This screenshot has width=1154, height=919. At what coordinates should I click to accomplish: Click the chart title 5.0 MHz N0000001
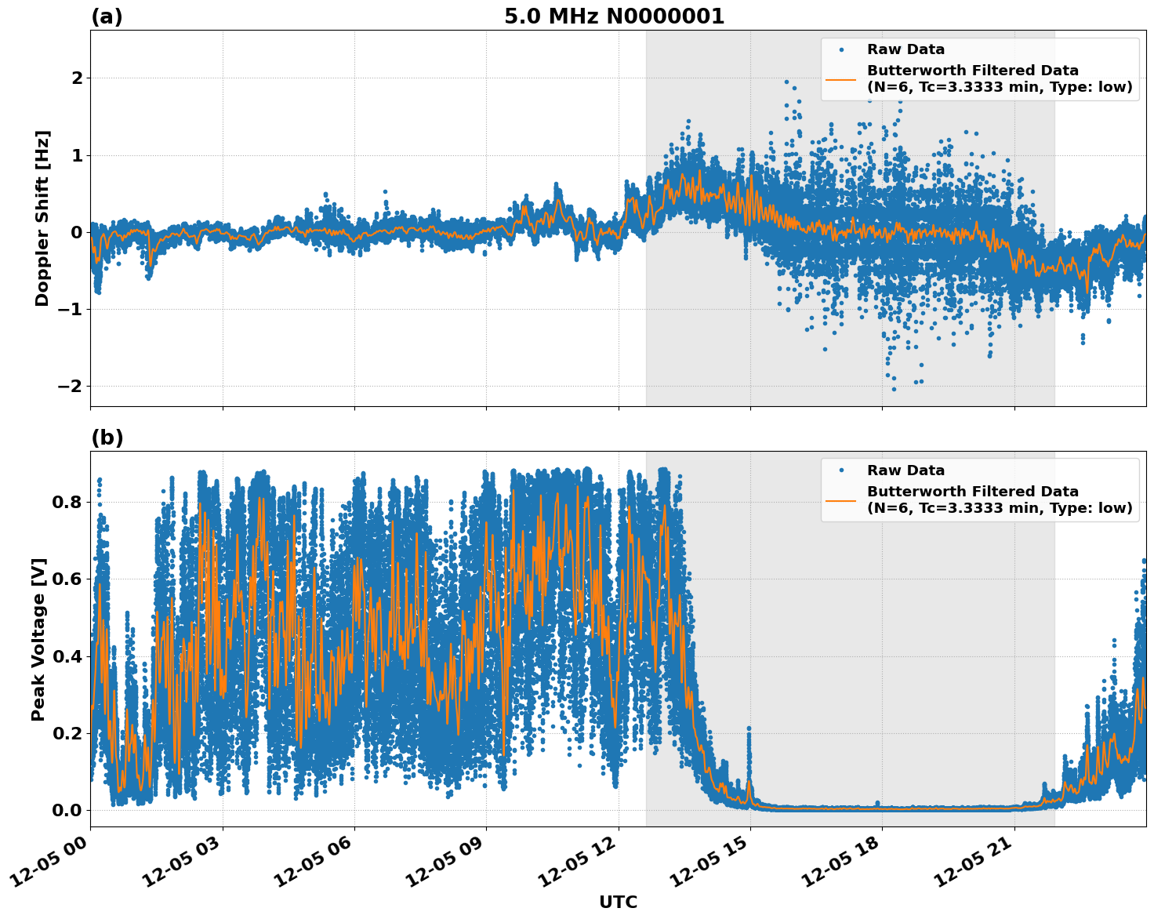coord(614,16)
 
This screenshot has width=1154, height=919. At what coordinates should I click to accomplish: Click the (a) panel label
coord(107,16)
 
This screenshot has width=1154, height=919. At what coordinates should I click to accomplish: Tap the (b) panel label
coord(107,438)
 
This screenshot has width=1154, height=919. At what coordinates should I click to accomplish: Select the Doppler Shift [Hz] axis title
coord(42,218)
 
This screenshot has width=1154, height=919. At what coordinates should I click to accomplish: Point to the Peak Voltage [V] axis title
coord(38,639)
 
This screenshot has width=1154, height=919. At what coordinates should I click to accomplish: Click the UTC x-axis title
coord(618,902)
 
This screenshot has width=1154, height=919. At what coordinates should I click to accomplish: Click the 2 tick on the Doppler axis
coord(77,78)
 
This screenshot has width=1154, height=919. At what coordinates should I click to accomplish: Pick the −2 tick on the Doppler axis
coord(70,386)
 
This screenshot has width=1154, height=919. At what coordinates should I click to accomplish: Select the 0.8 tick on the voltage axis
coord(67,502)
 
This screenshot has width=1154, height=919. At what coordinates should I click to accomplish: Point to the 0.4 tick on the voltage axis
coord(67,656)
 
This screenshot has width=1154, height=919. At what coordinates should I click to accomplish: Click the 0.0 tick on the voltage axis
coord(67,810)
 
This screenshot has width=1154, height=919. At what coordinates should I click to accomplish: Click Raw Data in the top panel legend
coord(905,49)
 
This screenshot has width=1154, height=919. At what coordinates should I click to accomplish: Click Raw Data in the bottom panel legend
coord(905,470)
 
